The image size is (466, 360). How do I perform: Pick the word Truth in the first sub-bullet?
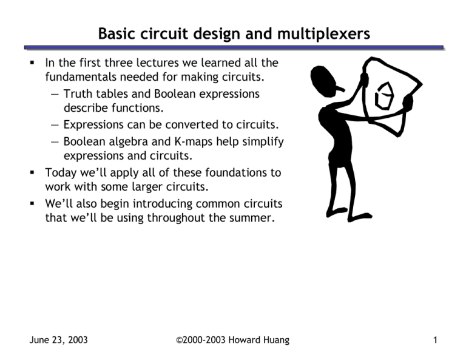click(78, 94)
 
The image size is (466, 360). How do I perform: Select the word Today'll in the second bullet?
click(63, 172)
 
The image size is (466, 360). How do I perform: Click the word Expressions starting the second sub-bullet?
click(93, 126)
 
